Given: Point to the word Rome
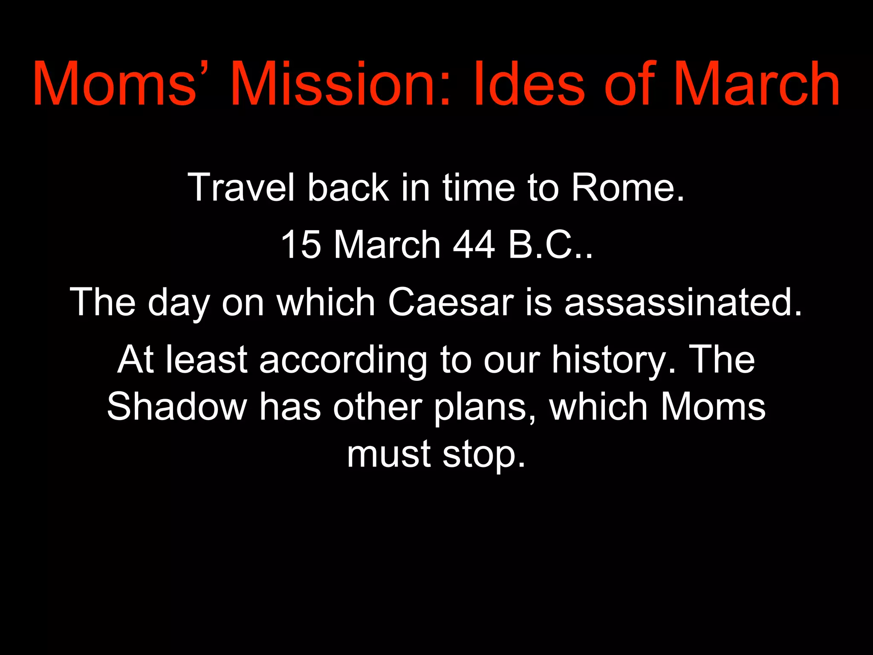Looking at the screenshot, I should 627,187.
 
